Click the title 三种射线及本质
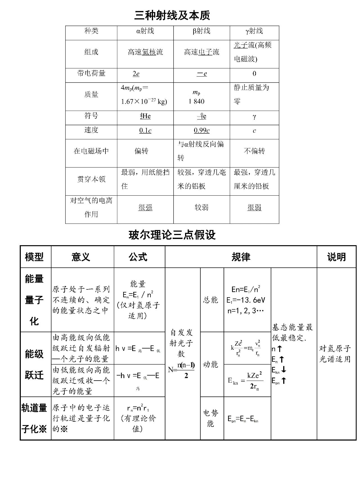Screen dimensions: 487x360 click(172, 15)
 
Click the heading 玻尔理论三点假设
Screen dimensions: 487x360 click(172, 235)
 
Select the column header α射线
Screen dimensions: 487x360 click(145, 31)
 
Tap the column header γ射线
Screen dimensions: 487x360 click(254, 31)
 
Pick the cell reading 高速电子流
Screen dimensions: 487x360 click(201, 52)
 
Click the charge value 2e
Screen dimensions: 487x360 click(136, 74)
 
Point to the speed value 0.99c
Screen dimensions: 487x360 click(201, 131)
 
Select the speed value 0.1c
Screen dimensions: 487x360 click(145, 131)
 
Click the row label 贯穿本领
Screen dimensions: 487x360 click(91, 179)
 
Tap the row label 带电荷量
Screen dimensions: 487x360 click(91, 73)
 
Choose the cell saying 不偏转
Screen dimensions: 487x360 click(254, 151)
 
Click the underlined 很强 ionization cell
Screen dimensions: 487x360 click(145, 207)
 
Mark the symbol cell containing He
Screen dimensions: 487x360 click(145, 116)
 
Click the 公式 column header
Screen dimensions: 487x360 click(138, 257)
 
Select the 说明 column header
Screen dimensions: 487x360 click(336, 257)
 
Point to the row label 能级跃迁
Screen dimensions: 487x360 click(34, 365)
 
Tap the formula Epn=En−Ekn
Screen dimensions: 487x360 click(243, 419)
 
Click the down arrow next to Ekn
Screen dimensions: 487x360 click(283, 370)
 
